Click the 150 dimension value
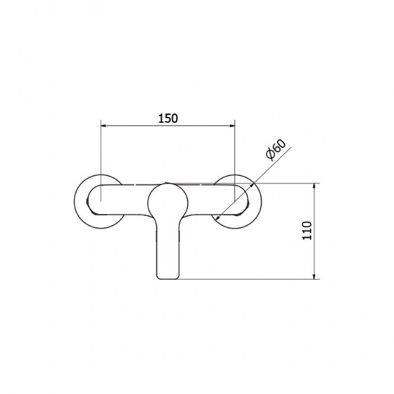(168, 118)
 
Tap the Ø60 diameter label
(276, 149)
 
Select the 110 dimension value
(307, 231)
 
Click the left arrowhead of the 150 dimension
(104, 126)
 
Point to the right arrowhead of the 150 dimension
(231, 126)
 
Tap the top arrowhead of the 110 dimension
(314, 186)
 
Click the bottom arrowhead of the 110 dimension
(314, 276)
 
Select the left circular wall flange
(75, 201)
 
